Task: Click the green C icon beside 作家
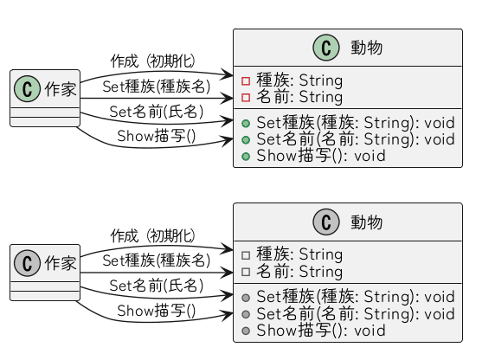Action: pos(27,87)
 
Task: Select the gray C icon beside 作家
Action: pos(27,261)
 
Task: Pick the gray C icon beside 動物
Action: pos(328,222)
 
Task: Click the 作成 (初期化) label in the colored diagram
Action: pos(152,61)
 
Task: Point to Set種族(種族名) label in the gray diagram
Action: pos(156,260)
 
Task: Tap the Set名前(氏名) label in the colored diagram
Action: pos(156,112)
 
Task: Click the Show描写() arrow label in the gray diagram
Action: pos(156,310)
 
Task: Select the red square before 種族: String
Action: pos(246,80)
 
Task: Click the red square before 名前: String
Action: pos(246,97)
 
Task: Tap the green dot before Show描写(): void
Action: pos(246,157)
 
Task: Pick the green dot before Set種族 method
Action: pos(246,124)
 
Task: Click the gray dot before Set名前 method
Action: pos(246,314)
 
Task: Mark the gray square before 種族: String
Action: pos(246,255)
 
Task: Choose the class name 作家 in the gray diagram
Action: pos(59,262)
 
